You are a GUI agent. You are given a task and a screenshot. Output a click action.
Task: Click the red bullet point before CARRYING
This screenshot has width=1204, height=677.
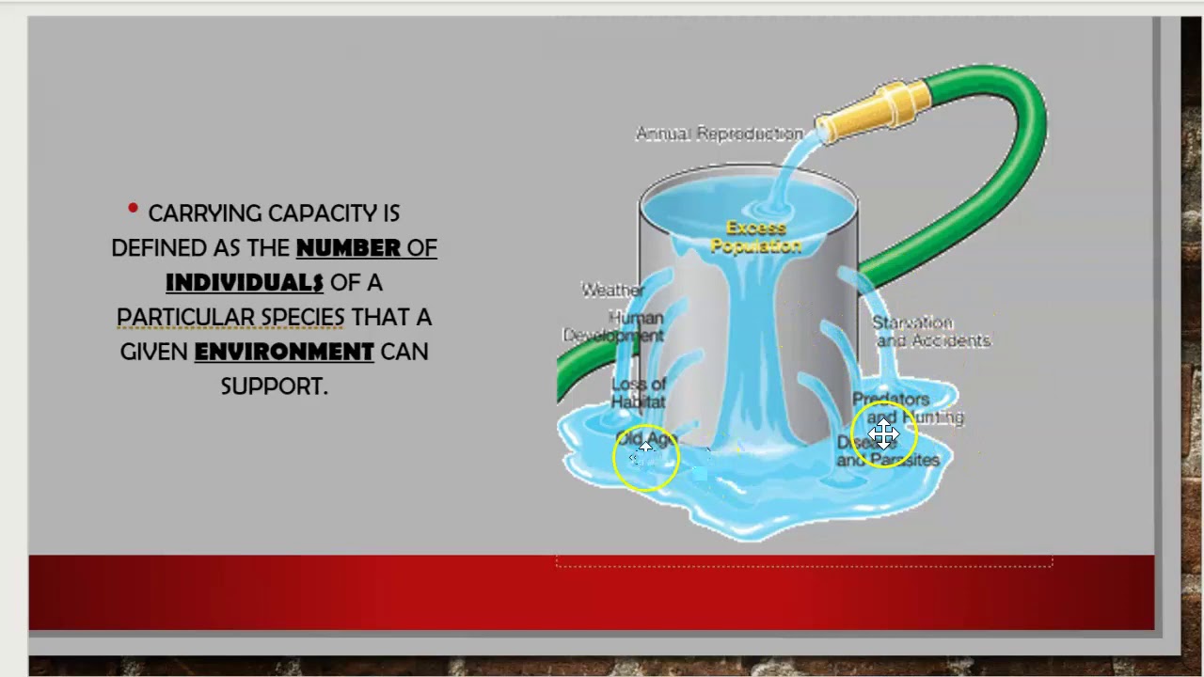pos(133,209)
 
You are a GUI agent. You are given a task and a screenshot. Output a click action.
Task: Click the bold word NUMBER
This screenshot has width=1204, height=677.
pos(348,248)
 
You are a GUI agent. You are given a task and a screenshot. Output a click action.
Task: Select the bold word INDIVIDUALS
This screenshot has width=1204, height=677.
pos(245,283)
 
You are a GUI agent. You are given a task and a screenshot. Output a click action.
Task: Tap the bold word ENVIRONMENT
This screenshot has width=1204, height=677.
pos(284,353)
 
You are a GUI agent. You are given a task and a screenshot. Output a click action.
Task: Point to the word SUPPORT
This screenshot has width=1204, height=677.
pos(274,386)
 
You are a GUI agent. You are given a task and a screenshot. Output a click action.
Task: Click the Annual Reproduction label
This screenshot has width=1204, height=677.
pos(720,134)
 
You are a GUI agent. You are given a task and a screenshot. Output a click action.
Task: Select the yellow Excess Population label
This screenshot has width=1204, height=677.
pos(756,237)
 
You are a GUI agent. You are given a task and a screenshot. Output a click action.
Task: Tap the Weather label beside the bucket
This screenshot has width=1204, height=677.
pos(612,291)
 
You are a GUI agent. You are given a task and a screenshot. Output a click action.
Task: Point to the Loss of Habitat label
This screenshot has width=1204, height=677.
pos(639,393)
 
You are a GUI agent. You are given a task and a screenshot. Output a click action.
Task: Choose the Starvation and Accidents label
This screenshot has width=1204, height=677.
pos(931,332)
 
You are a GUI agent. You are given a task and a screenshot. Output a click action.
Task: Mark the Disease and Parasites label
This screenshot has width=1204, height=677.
pos(889,451)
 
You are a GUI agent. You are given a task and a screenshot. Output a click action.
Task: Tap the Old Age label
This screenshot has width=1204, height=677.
pos(647,440)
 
